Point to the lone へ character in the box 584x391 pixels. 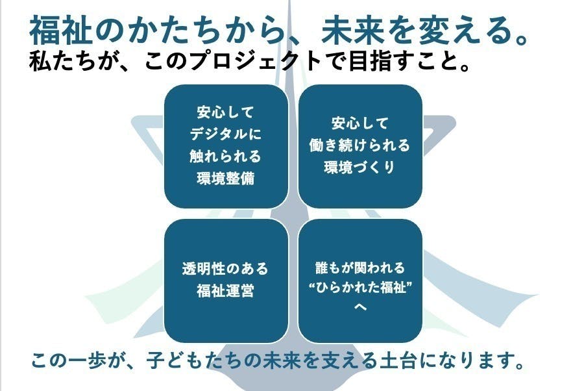coord(360,307)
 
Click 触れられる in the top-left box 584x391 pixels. coord(226,157)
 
